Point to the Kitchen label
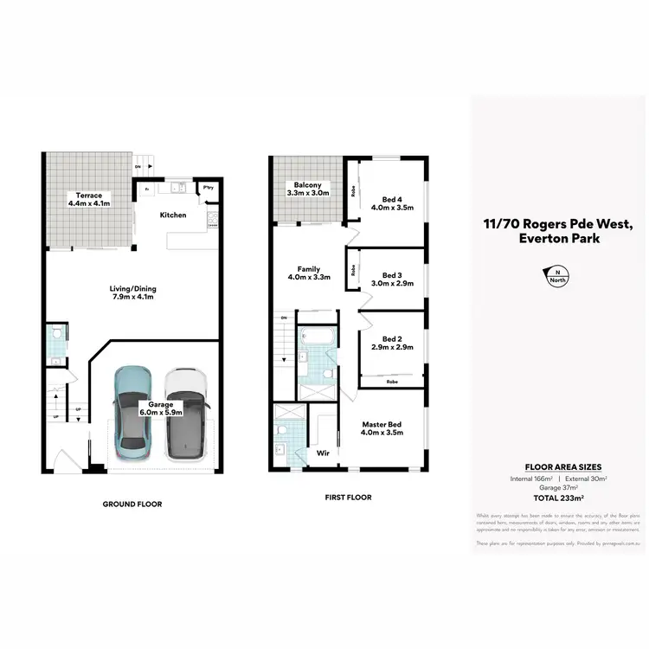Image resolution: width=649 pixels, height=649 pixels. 173,215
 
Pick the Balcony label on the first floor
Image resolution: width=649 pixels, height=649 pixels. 308,185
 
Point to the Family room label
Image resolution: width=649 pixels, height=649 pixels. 309,269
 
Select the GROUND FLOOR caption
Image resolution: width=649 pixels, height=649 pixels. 132,504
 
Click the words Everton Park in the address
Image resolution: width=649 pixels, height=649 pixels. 557,239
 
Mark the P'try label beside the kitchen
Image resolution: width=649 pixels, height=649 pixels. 208,188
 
